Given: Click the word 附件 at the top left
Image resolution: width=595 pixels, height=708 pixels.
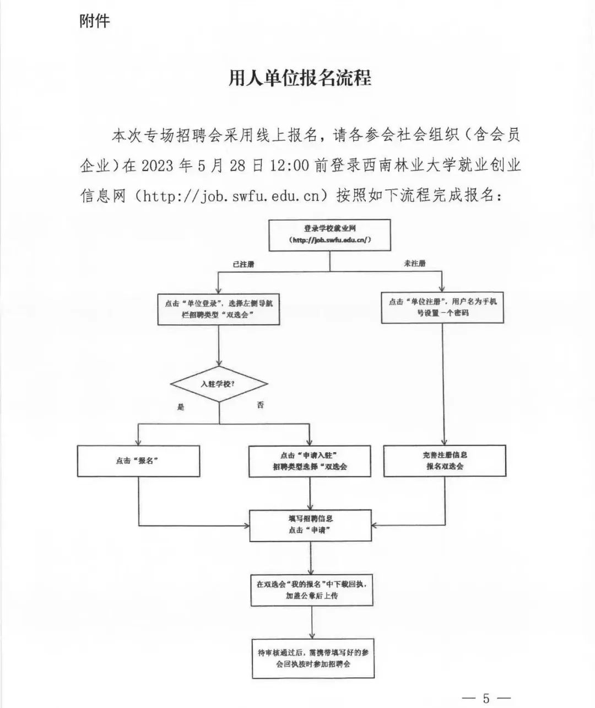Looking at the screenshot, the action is (95, 21).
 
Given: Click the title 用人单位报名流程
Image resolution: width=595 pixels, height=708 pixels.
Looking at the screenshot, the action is (300, 78).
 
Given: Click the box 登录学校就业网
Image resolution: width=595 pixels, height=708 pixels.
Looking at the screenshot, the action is (329, 235).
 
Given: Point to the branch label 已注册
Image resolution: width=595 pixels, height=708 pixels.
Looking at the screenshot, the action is (244, 265).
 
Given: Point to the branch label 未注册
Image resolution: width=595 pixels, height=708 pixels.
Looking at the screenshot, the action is (414, 264).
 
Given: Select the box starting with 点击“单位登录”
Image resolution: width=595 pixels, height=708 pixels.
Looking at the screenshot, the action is (219, 309).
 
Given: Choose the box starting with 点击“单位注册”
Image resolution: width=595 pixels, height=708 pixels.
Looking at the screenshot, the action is (442, 308).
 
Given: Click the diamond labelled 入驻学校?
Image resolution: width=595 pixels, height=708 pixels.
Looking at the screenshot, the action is (219, 384).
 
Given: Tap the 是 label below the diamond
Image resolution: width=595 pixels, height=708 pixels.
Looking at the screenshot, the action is (181, 407).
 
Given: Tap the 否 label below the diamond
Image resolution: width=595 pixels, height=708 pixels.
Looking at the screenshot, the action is (260, 405).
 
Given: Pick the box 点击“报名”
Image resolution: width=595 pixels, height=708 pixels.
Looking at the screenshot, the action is (139, 461).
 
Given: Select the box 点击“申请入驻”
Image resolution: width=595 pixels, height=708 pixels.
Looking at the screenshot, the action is (310, 461).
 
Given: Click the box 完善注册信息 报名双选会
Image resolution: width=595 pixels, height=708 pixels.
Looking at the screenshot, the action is (445, 461).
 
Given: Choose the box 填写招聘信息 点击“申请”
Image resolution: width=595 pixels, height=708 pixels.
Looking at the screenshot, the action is (311, 525).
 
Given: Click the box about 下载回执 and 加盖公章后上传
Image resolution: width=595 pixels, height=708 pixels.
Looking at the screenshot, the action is (312, 590).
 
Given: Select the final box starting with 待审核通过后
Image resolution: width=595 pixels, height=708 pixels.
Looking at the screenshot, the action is (313, 658).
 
